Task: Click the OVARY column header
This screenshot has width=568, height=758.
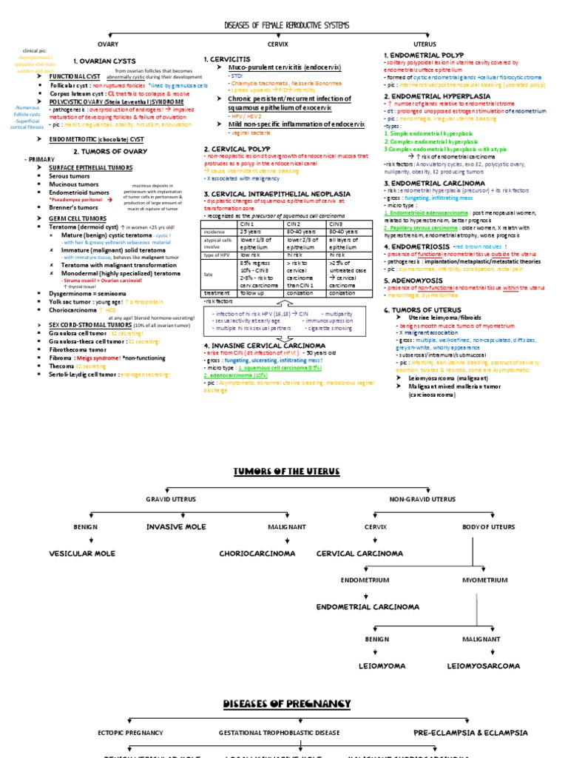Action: pos(109,44)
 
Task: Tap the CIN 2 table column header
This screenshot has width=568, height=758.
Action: pos(294,223)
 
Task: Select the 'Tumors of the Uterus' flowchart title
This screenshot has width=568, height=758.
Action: pos(284,472)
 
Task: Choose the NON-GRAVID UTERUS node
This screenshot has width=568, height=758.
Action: pos(422,500)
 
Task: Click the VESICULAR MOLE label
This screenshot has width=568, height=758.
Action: pos(82,553)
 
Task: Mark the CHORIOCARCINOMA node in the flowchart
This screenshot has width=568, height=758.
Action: pos(253,553)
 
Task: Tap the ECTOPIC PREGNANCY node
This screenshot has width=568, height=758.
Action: pos(130,732)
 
